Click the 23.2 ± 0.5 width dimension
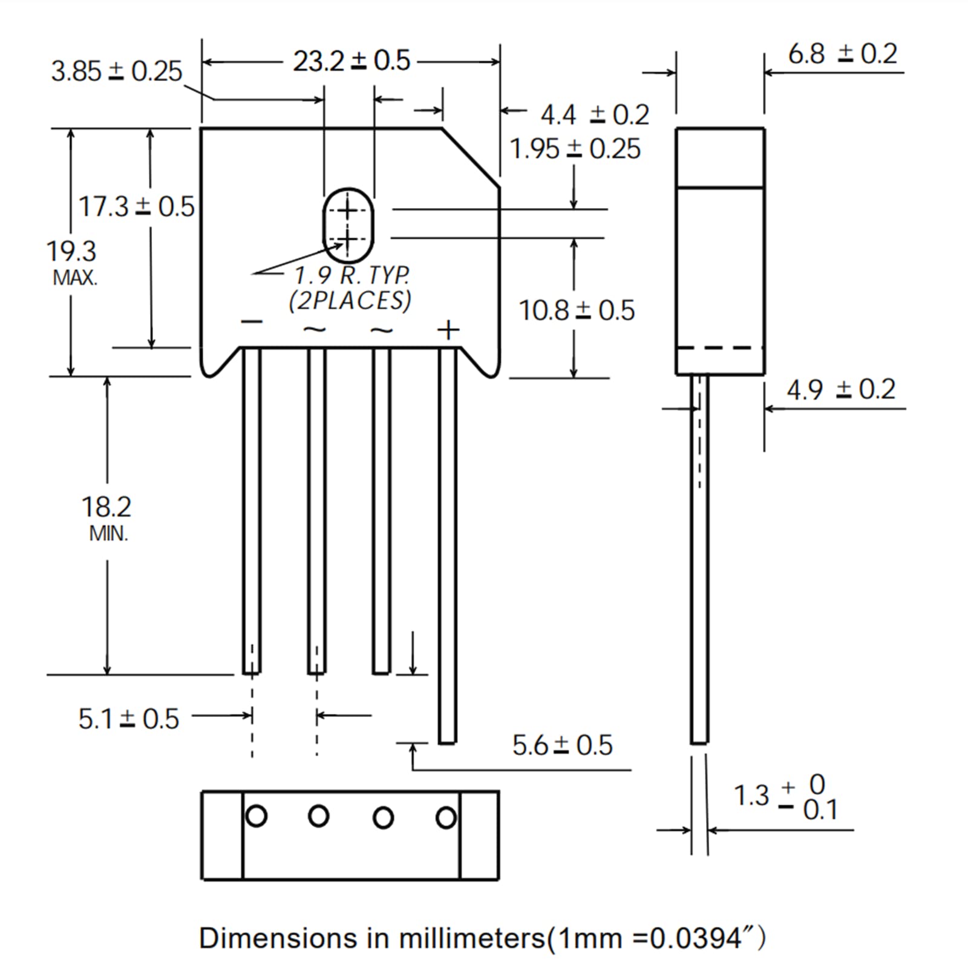pos(352,61)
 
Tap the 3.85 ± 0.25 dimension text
pos(116,71)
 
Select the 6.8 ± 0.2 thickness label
pos(842,54)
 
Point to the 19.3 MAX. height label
pos(72,263)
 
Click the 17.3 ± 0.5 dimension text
pos(137,207)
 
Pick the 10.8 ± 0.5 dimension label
pos(577,310)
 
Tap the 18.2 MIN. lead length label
pos(107,518)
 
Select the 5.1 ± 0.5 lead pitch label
pos(128,719)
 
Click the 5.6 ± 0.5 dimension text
pos(562,745)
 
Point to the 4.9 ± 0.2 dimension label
pos(841,390)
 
